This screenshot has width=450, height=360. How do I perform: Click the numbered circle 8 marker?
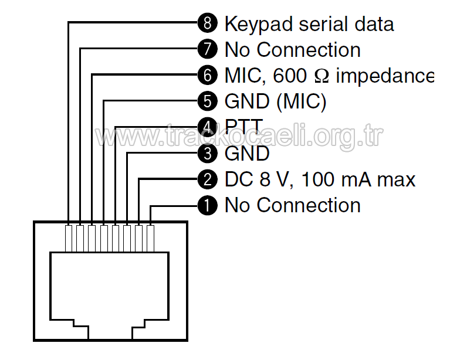click(207, 23)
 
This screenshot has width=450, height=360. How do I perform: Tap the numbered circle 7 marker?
click(207, 50)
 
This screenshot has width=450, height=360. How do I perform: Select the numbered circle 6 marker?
click(207, 76)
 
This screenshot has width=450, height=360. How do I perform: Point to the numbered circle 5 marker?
click(207, 101)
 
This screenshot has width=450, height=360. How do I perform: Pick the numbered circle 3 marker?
click(207, 153)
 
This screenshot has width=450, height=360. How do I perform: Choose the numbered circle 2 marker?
click(207, 179)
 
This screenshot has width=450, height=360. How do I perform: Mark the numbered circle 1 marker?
click(207, 205)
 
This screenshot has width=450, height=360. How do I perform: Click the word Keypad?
click(258, 25)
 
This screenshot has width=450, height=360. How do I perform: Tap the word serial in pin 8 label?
click(319, 23)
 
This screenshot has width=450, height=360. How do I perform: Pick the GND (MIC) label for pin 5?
click(275, 102)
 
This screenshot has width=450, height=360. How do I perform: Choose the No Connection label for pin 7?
click(292, 50)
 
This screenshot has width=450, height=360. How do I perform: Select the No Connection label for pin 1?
click(292, 205)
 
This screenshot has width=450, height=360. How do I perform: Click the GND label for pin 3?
click(247, 153)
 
